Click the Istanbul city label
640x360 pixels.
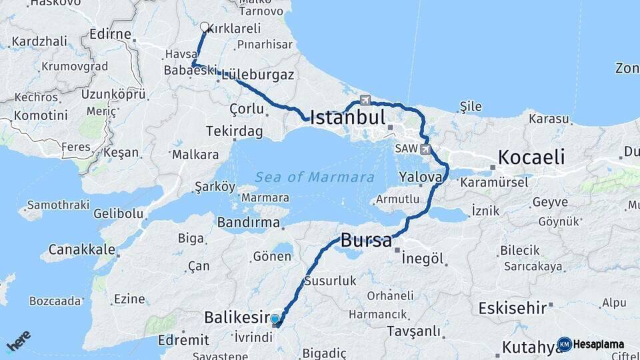point(348,119)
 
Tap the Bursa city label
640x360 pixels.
point(366,241)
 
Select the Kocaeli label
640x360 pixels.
point(531,158)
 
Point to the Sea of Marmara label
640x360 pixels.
point(314,177)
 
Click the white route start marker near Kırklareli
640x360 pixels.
point(205,27)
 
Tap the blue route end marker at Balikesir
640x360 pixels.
point(275,319)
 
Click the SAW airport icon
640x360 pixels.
point(426,149)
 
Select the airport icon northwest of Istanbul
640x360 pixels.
point(365,100)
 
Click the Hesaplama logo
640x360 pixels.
point(591,344)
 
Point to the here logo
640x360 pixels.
point(19,341)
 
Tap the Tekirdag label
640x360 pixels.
point(234,131)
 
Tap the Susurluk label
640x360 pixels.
point(331,281)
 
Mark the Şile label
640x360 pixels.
point(471,107)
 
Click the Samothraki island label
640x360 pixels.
point(58,205)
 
